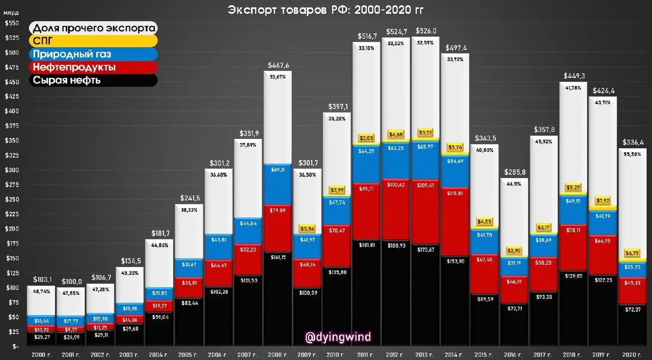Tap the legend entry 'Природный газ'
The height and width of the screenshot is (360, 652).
pyautogui.click(x=71, y=54)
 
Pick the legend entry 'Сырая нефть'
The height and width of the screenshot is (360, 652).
pyautogui.click(x=66, y=80)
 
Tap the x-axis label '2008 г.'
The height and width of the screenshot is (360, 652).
pyautogui.click(x=277, y=354)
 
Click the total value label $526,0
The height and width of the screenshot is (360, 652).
pyautogui.click(x=425, y=31)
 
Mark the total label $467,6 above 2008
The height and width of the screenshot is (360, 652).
pyautogui.click(x=278, y=65)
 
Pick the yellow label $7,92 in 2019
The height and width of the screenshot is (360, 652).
pyautogui.click(x=603, y=201)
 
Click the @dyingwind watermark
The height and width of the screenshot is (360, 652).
pyautogui.click(x=338, y=337)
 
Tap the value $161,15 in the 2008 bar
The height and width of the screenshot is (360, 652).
pyautogui.click(x=278, y=257)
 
